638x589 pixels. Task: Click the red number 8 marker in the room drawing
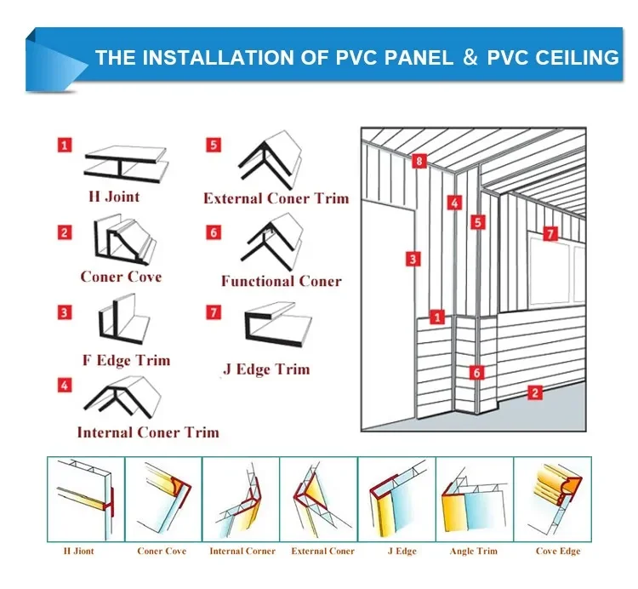point(418,161)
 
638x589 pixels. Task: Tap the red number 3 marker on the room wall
point(412,259)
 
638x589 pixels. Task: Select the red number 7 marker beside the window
point(550,233)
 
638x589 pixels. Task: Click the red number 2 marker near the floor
point(534,392)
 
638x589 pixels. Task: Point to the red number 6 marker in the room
point(476,372)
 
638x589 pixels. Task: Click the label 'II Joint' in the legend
point(114,197)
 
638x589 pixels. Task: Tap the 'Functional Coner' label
point(281,281)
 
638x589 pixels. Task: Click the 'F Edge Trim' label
point(126,360)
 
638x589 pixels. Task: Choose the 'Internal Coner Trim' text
point(147,432)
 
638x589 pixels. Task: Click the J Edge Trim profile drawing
point(277,328)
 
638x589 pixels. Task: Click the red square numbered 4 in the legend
point(65,386)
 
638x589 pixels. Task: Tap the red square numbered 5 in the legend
point(213,145)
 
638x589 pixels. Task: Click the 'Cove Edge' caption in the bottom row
point(558,551)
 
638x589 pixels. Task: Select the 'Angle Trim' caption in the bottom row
point(473,551)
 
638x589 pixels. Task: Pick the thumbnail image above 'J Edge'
point(396,499)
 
